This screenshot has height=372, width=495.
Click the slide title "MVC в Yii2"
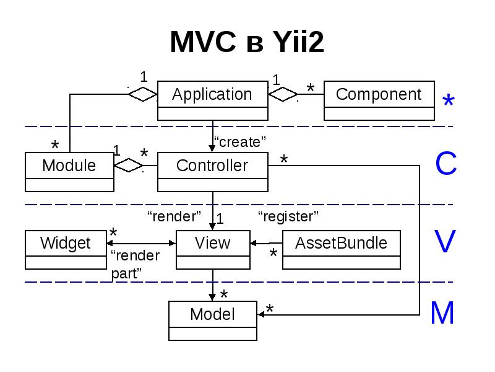247,43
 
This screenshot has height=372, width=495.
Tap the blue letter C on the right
445,164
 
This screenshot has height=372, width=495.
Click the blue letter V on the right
445,242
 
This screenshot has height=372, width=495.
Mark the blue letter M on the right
442,314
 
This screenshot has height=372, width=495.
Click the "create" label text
239,142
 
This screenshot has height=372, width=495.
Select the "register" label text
288,216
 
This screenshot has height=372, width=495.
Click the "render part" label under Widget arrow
134,264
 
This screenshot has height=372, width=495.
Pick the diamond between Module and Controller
129,166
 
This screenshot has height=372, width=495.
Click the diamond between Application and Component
283,94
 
